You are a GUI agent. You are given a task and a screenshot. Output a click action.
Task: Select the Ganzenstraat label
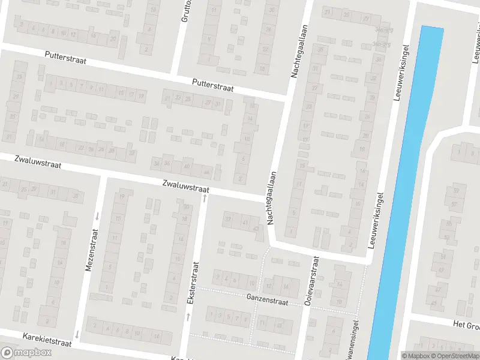267,298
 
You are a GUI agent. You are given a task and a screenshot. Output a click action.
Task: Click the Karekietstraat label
47,340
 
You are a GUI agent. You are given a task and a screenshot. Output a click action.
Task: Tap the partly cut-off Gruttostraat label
185,11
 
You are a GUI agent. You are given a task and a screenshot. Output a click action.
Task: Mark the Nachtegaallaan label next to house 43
272,198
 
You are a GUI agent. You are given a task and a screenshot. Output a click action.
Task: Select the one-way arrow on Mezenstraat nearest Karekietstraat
77,334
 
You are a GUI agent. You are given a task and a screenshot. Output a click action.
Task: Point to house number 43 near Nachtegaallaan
256,229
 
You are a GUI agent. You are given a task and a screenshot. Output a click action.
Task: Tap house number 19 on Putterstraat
142,95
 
